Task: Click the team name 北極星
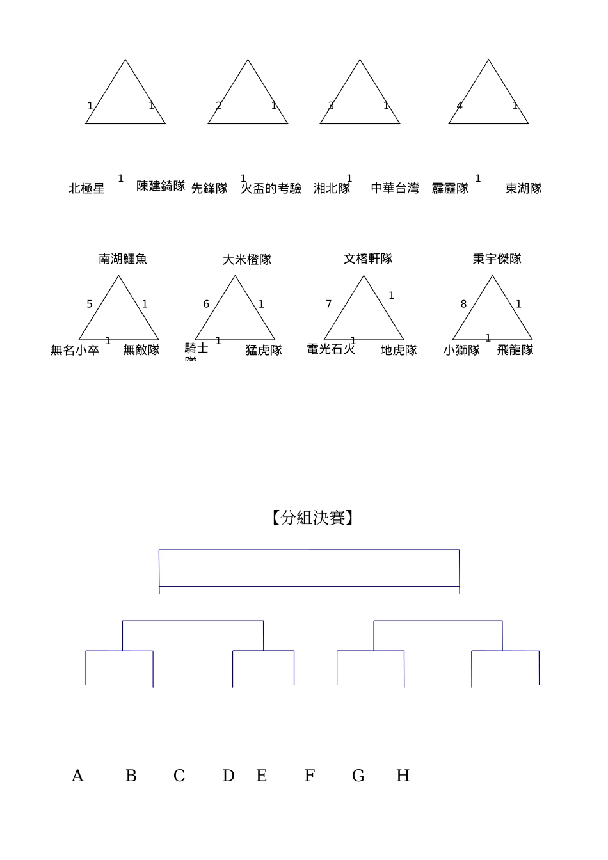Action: (x=86, y=189)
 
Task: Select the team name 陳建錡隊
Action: (x=161, y=186)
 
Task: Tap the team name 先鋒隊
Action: (x=209, y=189)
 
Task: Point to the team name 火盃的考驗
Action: (x=271, y=189)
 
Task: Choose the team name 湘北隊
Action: (x=332, y=189)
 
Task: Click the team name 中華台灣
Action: (x=395, y=189)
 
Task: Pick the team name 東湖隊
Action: (x=524, y=189)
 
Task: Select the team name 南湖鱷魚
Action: (x=123, y=259)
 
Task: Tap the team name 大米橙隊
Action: (x=247, y=260)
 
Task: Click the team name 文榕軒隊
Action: (x=368, y=259)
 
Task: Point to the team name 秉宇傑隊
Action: (x=497, y=259)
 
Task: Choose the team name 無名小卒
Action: (x=75, y=351)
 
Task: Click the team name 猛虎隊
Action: (x=264, y=351)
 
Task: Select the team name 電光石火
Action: (x=331, y=349)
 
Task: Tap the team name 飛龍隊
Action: (x=515, y=351)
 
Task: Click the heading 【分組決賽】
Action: (x=312, y=518)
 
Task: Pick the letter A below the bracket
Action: (x=77, y=776)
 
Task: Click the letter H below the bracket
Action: (x=403, y=776)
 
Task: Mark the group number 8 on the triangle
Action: (x=464, y=305)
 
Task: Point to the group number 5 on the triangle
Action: (x=90, y=305)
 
